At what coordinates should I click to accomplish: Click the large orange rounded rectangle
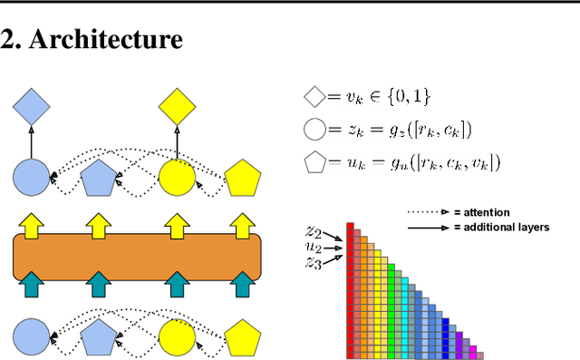tap(137, 257)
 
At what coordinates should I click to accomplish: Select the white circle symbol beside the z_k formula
tap(314, 129)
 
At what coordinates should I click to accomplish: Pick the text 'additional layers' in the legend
tap(508, 226)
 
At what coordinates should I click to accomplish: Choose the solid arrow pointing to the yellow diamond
tap(177, 144)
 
